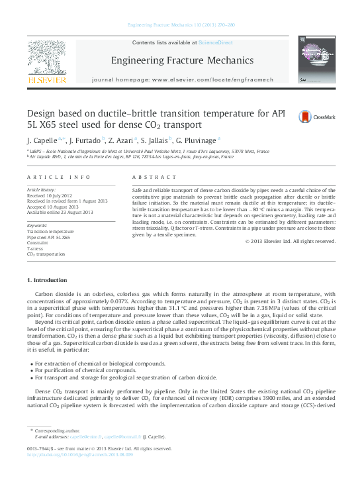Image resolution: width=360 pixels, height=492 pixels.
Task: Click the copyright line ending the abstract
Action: click(290, 241)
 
